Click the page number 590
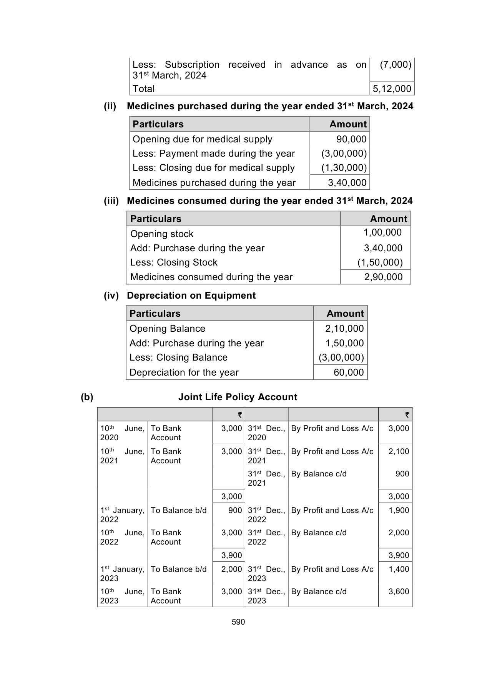(x=238, y=622)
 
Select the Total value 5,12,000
(x=392, y=89)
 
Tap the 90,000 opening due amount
(x=351, y=139)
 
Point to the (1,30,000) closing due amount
(x=344, y=168)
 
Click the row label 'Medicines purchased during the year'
(x=214, y=183)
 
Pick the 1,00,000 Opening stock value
(x=382, y=232)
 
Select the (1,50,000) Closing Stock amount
(x=380, y=262)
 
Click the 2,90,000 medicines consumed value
(x=383, y=277)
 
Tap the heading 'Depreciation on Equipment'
(x=191, y=296)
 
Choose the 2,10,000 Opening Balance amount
(x=344, y=329)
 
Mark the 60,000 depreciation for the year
(x=349, y=373)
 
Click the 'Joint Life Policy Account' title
(x=238, y=397)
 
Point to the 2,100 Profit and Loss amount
(x=399, y=451)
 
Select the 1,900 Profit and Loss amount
(x=399, y=510)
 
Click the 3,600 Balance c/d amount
(x=399, y=591)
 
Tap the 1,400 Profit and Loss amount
(x=399, y=569)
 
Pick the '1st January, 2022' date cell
(x=122, y=515)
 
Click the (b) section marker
(x=87, y=397)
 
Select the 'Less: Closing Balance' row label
(x=178, y=358)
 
